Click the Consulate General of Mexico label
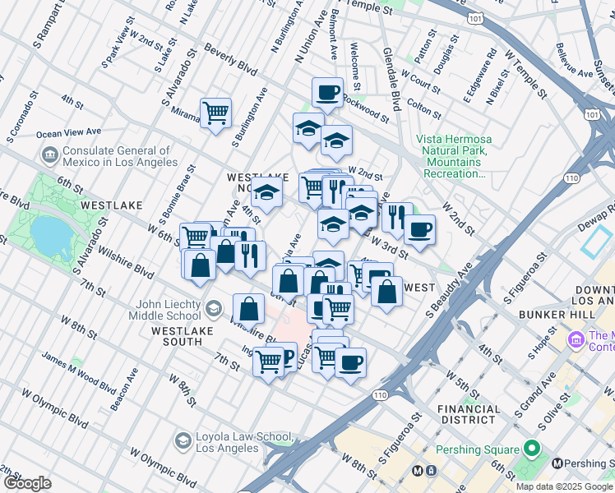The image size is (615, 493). pos(115,156)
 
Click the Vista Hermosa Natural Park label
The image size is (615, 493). pos(452,156)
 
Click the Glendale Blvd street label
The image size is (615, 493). pos(391,78)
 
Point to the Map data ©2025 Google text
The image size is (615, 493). pos(564,486)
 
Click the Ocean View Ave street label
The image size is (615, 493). pos(69,131)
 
